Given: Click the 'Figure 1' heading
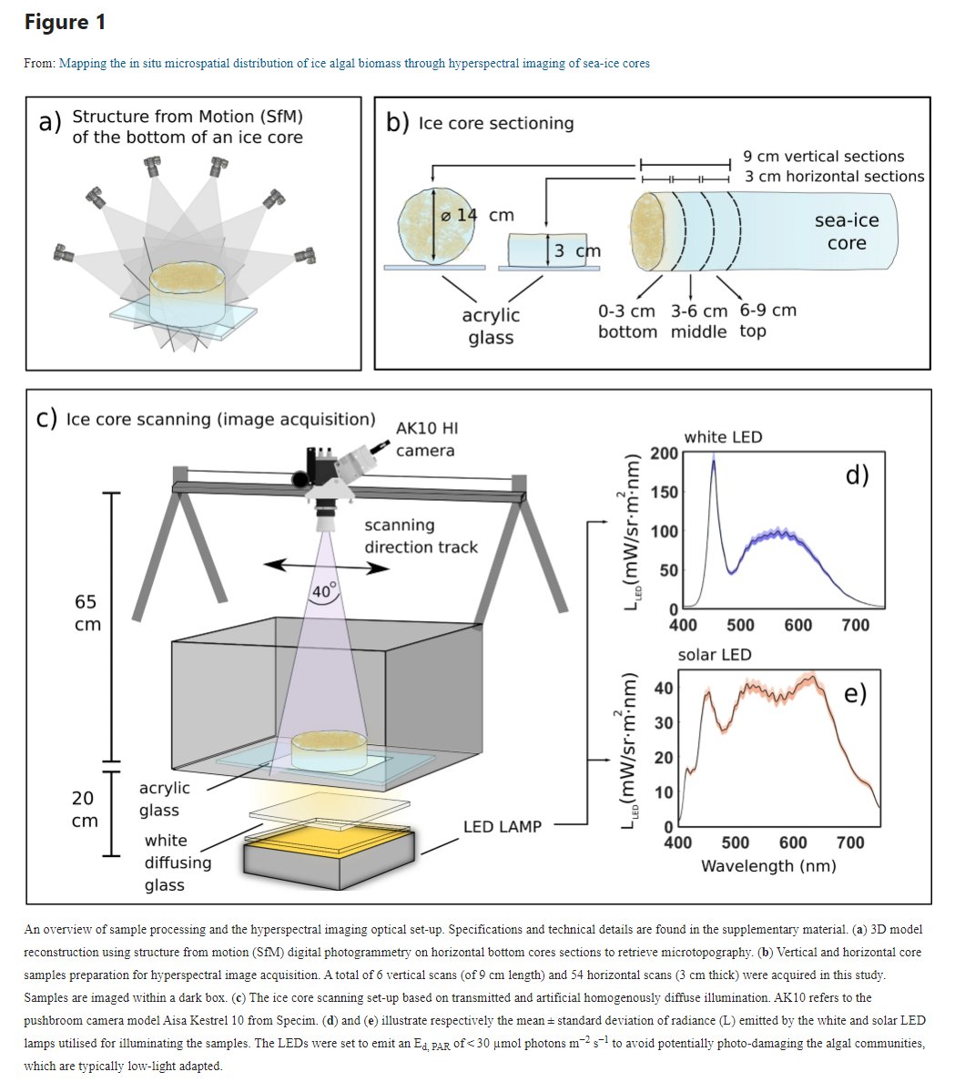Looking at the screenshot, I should pos(65,23).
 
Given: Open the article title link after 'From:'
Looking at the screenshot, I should pos(353,63).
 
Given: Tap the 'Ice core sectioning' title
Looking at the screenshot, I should pos(495,123).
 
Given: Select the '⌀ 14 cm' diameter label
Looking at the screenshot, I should pos(477,216).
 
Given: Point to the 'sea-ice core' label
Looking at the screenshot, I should pos(847,231).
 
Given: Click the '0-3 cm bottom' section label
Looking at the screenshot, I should pos(626,321).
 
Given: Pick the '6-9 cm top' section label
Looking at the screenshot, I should pos(767,321).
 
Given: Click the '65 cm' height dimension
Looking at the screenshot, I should pos(87,613).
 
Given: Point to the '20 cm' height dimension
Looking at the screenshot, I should pos(83,809).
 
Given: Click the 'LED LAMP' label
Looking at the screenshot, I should pos(502,827).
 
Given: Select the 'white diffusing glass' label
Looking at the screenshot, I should pos(178,862).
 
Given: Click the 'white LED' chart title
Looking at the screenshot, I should pos(723,437).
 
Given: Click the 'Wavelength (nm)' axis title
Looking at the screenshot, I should pos(767,865).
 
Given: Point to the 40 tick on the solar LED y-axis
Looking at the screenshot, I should pos(664,688).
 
